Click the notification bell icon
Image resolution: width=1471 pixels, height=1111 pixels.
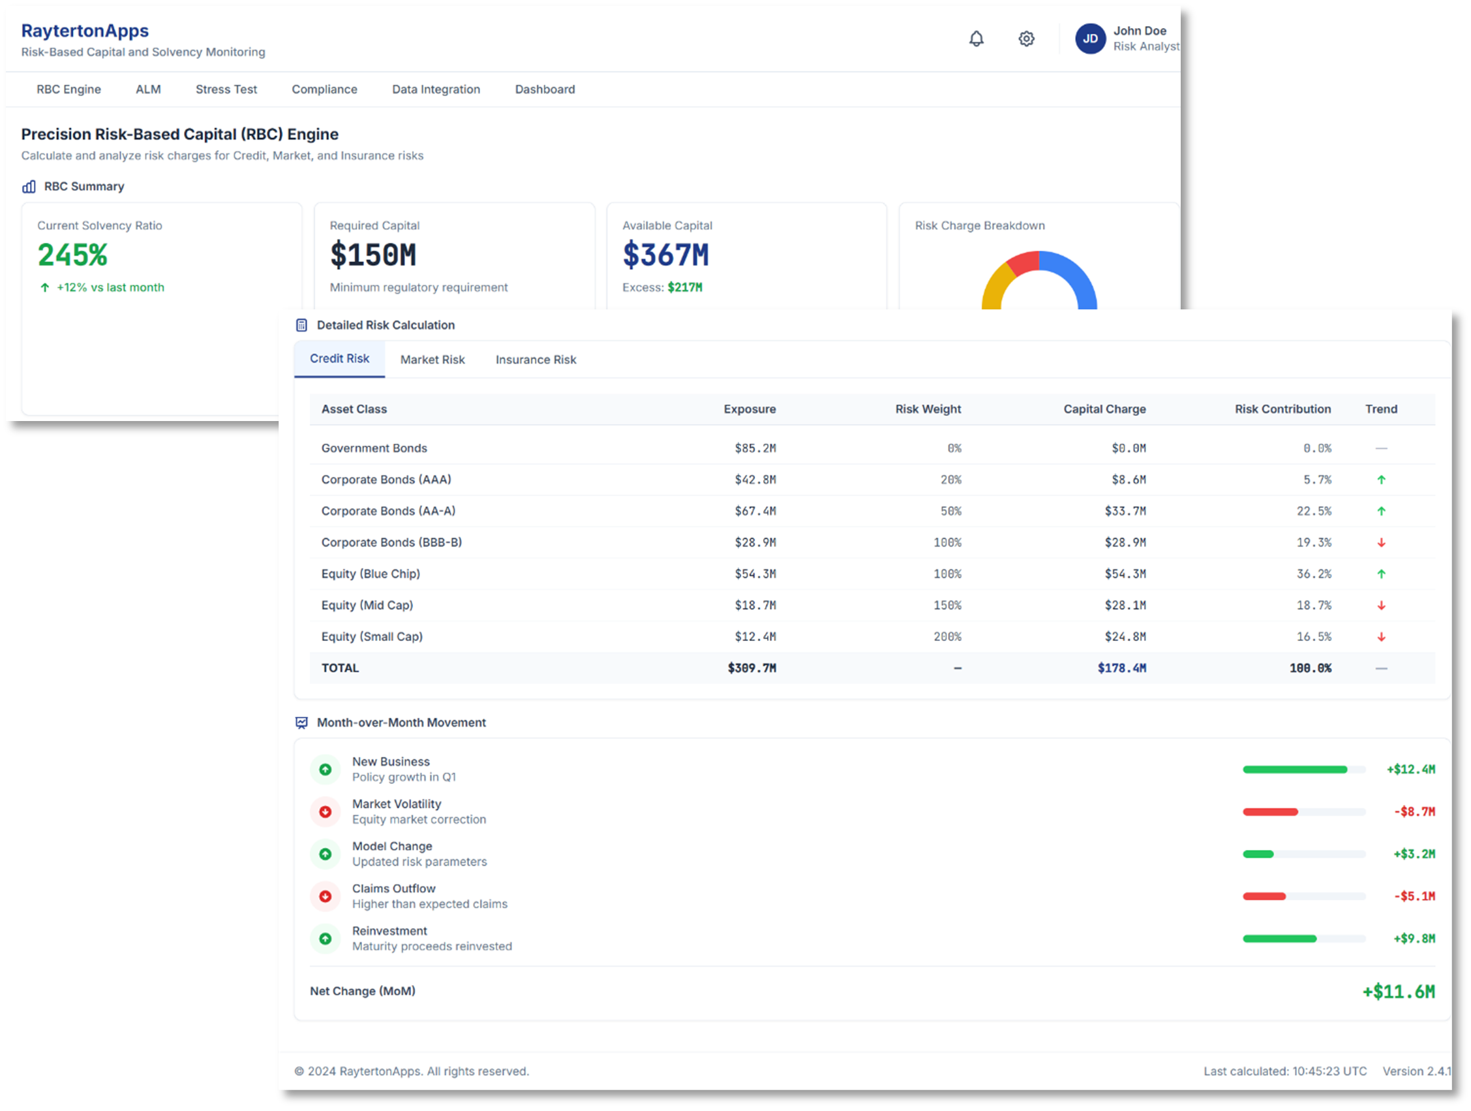click(x=976, y=39)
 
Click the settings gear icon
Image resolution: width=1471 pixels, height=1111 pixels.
click(x=1026, y=39)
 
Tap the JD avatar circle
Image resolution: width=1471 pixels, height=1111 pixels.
click(x=1090, y=39)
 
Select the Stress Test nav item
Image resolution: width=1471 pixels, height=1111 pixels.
click(x=226, y=89)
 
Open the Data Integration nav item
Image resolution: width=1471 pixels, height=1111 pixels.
click(x=436, y=89)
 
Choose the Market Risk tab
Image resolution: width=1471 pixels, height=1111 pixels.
click(x=432, y=359)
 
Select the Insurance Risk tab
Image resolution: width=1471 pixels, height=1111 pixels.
click(x=536, y=359)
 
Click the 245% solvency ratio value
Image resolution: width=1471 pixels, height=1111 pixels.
click(x=72, y=255)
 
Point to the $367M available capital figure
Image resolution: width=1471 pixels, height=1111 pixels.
click(x=665, y=255)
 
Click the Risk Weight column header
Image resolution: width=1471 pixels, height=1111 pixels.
click(x=928, y=409)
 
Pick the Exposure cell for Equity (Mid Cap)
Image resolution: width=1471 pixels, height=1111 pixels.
click(x=755, y=605)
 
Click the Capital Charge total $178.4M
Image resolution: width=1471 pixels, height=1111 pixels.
click(x=1121, y=668)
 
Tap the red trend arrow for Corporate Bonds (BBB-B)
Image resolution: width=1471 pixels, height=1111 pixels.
click(x=1381, y=543)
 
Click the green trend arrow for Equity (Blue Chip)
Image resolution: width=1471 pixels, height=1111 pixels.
click(x=1381, y=574)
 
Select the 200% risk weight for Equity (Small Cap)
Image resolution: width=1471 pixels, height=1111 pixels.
click(x=947, y=636)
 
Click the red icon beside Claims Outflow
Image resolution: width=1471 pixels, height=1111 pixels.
click(x=326, y=896)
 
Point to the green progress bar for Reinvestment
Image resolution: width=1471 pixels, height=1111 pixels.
click(x=1279, y=939)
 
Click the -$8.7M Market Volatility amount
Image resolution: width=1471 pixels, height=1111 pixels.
click(x=1414, y=811)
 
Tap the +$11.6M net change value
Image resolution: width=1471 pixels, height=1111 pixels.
click(x=1398, y=992)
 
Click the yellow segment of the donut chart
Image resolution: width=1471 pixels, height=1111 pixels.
click(x=993, y=286)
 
